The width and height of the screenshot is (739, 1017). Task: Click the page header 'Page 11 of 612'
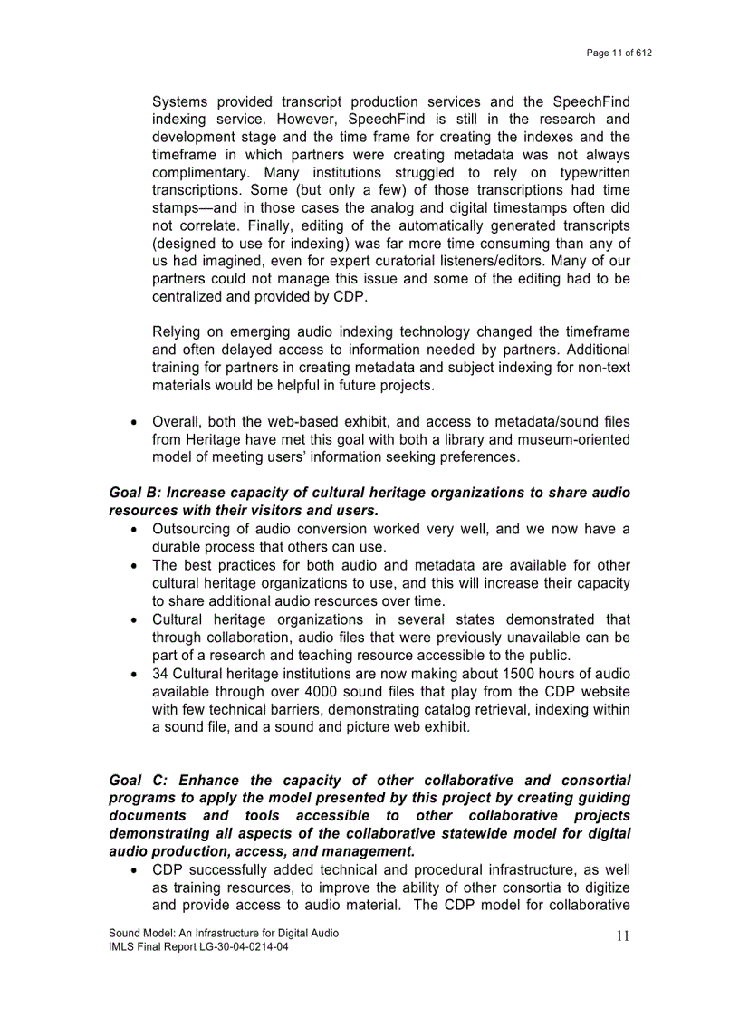(x=619, y=53)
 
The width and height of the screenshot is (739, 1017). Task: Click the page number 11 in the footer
(x=622, y=936)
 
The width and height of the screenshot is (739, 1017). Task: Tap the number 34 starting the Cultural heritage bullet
(x=160, y=674)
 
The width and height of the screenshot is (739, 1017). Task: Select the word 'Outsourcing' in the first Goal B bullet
(x=193, y=529)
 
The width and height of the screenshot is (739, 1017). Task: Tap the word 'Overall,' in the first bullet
(x=178, y=421)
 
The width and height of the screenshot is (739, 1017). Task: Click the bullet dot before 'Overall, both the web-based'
(x=134, y=422)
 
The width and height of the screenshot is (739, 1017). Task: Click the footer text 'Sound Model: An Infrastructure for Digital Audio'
(x=224, y=933)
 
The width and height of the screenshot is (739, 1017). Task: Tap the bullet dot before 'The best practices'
(x=134, y=565)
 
